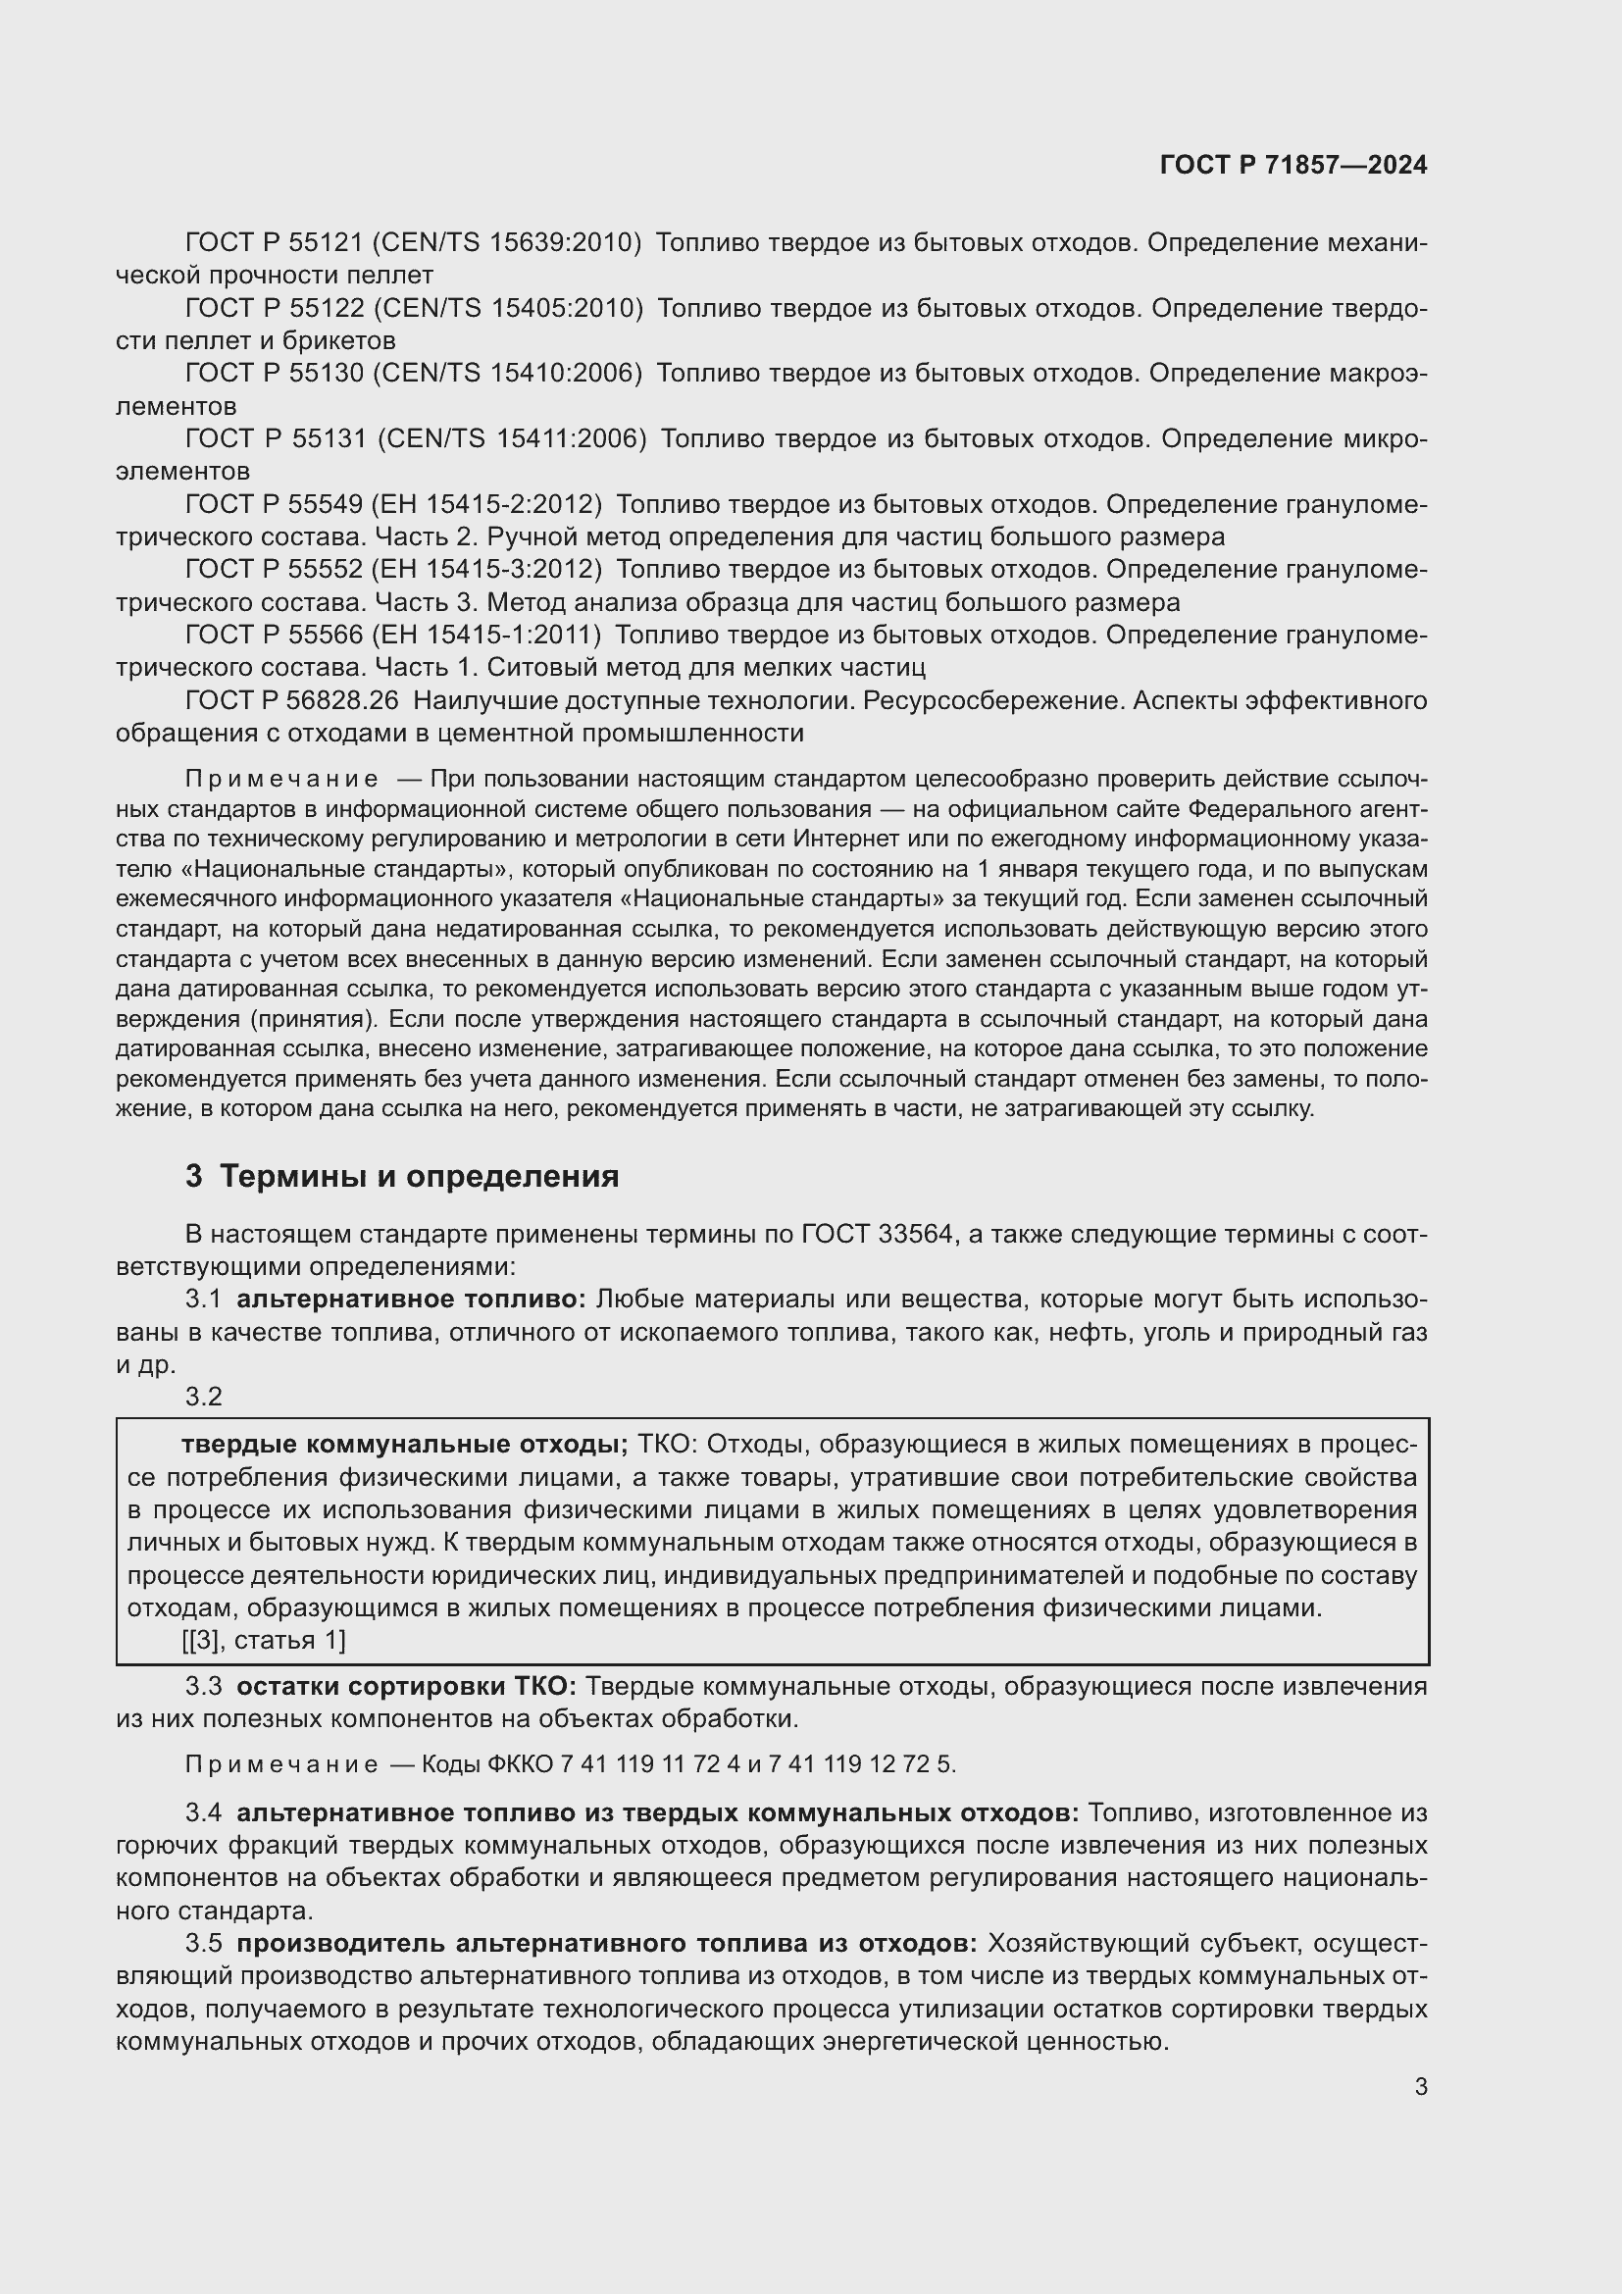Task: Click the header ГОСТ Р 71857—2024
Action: coord(1293,165)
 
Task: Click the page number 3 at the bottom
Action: coord(1420,2086)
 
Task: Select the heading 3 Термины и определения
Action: coord(401,1176)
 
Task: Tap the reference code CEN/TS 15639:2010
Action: coord(506,242)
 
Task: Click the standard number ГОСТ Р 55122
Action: coord(275,308)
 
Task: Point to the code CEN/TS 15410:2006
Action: coord(506,373)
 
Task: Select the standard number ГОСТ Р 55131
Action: coord(276,438)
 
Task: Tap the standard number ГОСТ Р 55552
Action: coord(274,570)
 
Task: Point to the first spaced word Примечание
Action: coord(281,779)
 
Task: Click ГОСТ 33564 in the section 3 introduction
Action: coord(878,1234)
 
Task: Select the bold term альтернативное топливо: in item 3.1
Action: coord(411,1299)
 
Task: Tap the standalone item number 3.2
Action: coord(204,1397)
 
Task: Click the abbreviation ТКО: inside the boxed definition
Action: coord(671,1445)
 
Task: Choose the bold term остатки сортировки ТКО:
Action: coord(406,1687)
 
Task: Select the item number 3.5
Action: coord(204,1943)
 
